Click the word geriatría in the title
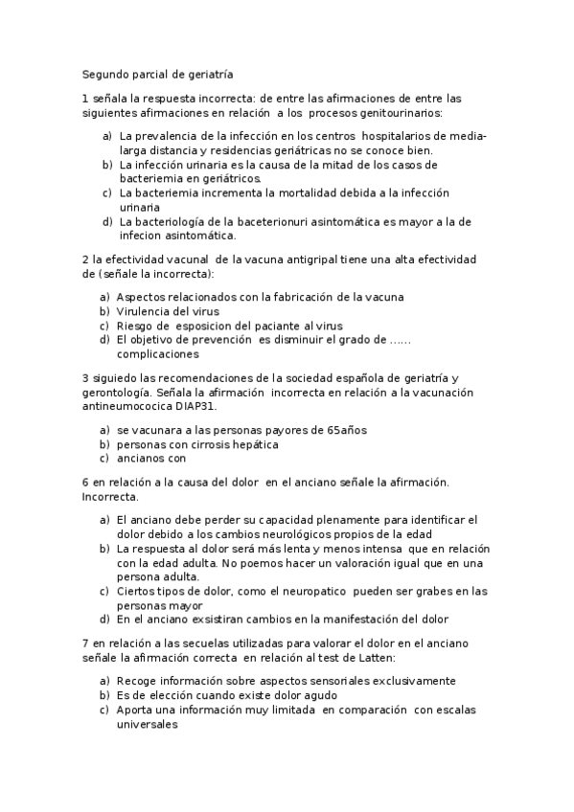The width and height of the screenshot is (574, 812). click(207, 73)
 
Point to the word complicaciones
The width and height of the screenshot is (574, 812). click(158, 353)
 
